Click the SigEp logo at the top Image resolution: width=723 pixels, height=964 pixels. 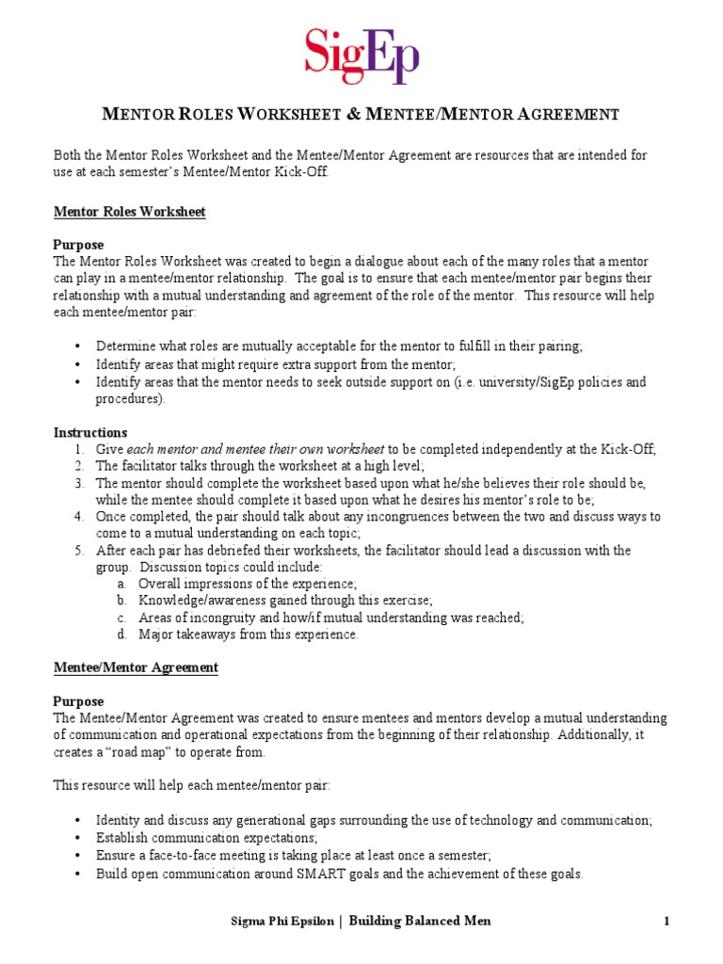click(x=361, y=56)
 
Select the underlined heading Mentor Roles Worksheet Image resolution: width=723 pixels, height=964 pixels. click(x=129, y=212)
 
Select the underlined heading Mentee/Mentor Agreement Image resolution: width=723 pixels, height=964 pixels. click(x=136, y=667)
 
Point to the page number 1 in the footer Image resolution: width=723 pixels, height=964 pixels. click(x=667, y=921)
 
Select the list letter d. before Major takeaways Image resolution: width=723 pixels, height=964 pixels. click(x=122, y=635)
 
